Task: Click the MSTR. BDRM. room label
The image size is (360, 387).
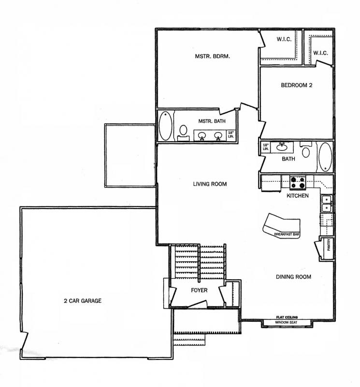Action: click(x=212, y=56)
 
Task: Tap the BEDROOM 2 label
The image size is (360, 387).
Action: click(x=297, y=85)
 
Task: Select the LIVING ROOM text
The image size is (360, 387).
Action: click(x=210, y=184)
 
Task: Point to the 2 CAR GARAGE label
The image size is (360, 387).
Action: click(x=83, y=300)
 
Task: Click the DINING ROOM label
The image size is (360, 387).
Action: click(x=293, y=277)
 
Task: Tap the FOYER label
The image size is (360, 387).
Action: click(x=199, y=290)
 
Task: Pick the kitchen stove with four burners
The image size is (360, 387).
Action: click(x=298, y=183)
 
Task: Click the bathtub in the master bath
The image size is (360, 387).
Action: click(x=165, y=126)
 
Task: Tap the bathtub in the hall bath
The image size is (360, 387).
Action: click(x=325, y=157)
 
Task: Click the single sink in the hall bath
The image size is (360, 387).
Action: click(x=281, y=147)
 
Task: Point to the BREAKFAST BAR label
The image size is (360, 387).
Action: click(x=287, y=234)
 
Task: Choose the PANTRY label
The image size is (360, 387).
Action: click(x=329, y=245)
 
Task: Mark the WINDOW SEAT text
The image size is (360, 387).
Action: click(x=286, y=322)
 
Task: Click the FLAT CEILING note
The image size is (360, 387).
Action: click(x=287, y=317)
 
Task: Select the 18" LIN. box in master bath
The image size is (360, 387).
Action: click(x=231, y=134)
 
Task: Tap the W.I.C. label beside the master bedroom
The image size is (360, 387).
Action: click(x=284, y=39)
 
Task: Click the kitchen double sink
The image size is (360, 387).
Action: click(x=327, y=204)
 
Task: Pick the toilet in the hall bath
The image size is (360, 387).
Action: click(x=306, y=150)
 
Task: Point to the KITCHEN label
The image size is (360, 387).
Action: click(x=298, y=196)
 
